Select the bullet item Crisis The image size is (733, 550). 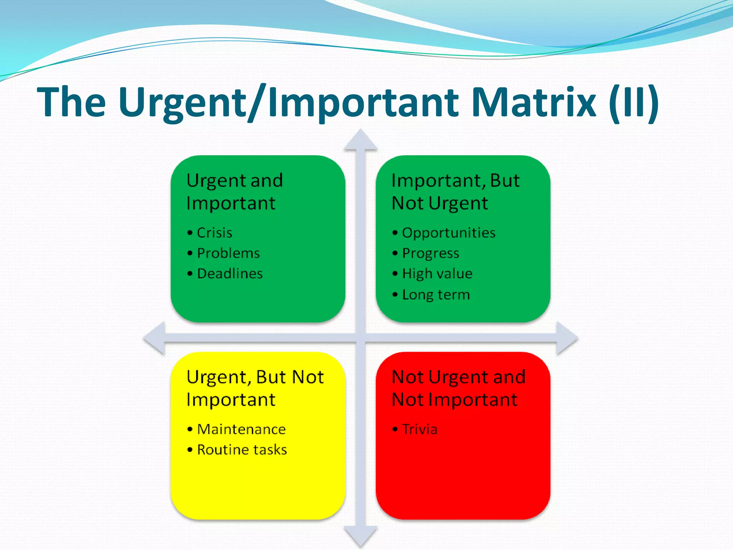[x=214, y=233]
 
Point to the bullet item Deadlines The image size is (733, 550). [x=230, y=274]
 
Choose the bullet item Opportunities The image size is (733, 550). [x=448, y=233]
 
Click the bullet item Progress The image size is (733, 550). [x=431, y=253]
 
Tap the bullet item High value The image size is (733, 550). [x=437, y=274]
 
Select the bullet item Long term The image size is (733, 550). [x=436, y=295]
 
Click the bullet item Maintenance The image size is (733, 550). [x=241, y=429]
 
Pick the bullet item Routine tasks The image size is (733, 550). [x=242, y=450]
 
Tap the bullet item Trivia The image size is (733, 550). [x=419, y=429]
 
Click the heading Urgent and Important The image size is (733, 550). [x=234, y=192]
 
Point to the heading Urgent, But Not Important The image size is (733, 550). [x=255, y=388]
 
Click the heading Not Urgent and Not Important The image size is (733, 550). [x=458, y=388]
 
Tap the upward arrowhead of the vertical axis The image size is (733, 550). [x=360, y=141]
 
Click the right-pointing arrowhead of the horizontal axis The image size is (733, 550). [x=566, y=338]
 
